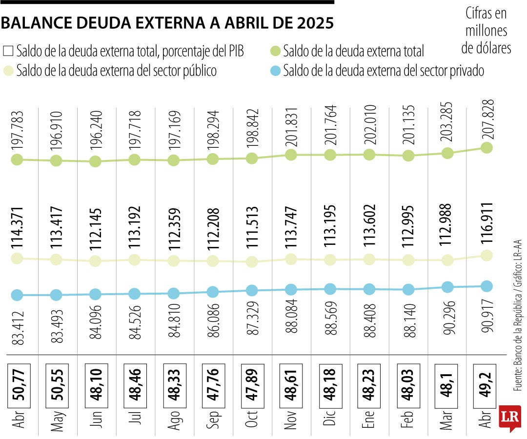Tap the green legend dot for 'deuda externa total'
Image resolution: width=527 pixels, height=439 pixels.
pyautogui.click(x=275, y=51)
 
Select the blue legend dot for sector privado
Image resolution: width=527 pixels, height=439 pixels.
pyautogui.click(x=275, y=71)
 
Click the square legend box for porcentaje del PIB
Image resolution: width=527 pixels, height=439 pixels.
pyautogui.click(x=8, y=51)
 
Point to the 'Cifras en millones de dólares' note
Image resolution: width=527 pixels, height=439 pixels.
pyautogui.click(x=486, y=31)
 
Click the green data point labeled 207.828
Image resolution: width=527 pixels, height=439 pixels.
pyautogui.click(x=486, y=148)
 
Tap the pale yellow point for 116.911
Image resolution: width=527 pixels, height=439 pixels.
pyautogui.click(x=486, y=255)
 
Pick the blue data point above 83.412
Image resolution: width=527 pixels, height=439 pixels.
pyautogui.click(x=18, y=295)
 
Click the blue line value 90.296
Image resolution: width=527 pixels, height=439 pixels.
pyautogui.click(x=447, y=321)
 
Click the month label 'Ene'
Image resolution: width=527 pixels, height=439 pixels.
pyautogui.click(x=369, y=419)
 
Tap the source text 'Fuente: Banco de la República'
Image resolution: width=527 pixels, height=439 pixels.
pyautogui.click(x=518, y=341)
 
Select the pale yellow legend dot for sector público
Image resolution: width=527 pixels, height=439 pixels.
pyautogui.click(x=8, y=71)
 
